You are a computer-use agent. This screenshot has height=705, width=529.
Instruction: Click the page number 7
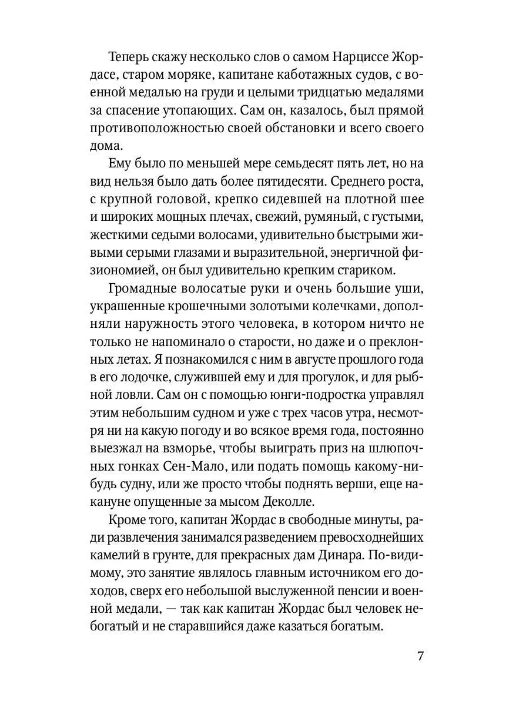pyautogui.click(x=420, y=656)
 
